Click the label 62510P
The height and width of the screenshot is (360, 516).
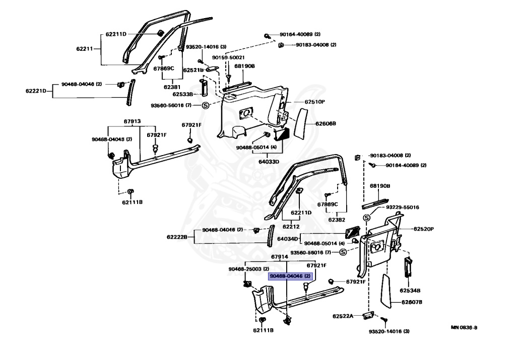coord(314,102)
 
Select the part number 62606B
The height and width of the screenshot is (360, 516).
coord(326,123)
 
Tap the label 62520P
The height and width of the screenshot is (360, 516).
coord(424,229)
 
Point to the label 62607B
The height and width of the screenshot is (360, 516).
coord(412,302)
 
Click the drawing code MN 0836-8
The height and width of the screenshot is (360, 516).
coord(464,327)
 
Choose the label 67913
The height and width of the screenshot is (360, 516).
coord(133,122)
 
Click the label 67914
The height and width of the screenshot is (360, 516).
coord(279,257)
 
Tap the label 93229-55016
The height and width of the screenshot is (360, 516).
coord(403,207)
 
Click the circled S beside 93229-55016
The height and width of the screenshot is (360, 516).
coord(367,218)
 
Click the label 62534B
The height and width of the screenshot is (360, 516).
coord(410,291)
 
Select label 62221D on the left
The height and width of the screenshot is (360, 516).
coord(36,91)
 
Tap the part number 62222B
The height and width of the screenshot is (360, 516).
coord(177,236)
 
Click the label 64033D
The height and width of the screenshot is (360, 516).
coord(255,161)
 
